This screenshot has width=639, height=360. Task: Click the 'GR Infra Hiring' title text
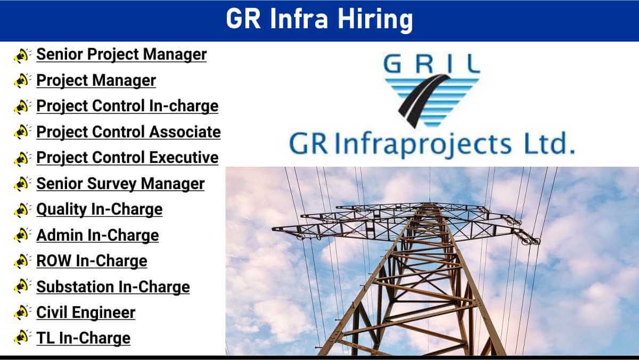[x=319, y=19]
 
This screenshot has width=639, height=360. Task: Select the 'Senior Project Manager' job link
[x=121, y=54]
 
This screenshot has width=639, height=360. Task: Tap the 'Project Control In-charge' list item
[x=127, y=106]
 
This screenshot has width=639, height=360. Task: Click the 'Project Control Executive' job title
[x=127, y=158]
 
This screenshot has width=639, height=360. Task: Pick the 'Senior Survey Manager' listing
[x=120, y=183]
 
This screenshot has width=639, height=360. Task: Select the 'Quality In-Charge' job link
[x=99, y=209]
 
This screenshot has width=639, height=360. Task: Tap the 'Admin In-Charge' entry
[x=97, y=235]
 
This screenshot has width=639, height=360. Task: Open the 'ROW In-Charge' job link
[x=92, y=261]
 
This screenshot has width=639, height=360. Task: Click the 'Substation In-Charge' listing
[x=113, y=287]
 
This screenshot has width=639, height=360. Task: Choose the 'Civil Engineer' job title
[x=86, y=313]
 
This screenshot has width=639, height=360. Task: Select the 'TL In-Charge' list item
[x=83, y=338]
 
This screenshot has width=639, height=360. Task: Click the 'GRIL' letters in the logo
[x=432, y=63]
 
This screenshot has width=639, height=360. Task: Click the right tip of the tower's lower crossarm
[x=538, y=242]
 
